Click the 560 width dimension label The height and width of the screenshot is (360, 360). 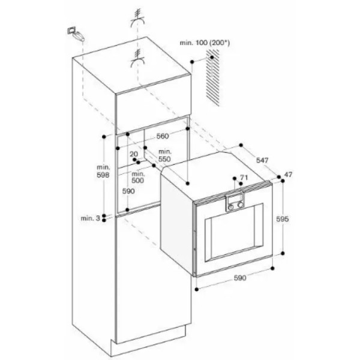pos(163,136)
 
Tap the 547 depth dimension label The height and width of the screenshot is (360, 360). pos(262,160)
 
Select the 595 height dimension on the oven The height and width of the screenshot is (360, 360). pos(282,219)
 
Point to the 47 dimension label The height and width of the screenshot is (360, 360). pos(288,175)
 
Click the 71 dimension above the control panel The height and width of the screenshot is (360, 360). pos(244,177)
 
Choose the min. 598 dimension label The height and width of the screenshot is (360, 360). pos(103,171)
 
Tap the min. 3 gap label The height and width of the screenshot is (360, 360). pos(90,218)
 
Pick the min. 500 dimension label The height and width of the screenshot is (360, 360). pos(138,177)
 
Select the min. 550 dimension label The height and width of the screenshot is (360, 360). pos(164,155)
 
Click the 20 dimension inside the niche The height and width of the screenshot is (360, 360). pos(134,154)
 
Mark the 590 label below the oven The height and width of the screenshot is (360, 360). pos(240,278)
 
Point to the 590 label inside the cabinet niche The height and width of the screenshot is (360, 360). pos(128,191)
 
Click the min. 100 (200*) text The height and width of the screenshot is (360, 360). pos(205,43)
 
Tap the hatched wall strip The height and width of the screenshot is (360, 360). pos(212,77)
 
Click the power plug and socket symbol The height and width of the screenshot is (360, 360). pos(76,34)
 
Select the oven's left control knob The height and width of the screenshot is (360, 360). pos(231,206)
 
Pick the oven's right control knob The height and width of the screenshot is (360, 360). pos(241,205)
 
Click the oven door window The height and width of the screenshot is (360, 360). pos(234,232)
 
